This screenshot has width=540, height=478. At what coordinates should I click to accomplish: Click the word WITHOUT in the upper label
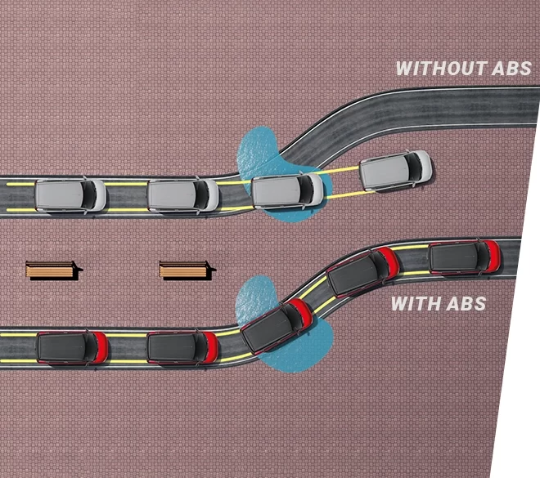442,69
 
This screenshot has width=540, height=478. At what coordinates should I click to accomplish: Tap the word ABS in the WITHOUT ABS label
511,69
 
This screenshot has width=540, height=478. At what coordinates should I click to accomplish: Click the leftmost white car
70,195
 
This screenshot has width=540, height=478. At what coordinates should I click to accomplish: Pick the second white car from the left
183,195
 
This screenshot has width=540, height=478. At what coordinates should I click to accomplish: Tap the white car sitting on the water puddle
287,190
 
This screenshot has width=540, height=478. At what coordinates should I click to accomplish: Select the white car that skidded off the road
396,170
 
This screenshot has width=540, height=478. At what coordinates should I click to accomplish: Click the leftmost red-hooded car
72,347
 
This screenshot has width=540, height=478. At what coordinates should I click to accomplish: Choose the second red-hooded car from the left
182,347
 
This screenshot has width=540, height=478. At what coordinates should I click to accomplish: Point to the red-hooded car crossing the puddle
277,325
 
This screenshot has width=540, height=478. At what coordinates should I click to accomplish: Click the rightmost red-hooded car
465,257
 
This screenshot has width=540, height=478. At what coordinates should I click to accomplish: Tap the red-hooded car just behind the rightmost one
362,271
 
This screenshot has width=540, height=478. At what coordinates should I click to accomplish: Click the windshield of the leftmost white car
88,195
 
